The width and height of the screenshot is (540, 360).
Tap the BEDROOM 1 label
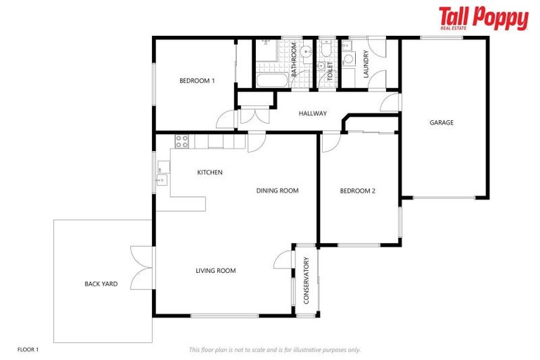197,81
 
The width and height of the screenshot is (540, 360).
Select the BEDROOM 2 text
357,191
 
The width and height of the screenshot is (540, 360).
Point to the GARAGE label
442,122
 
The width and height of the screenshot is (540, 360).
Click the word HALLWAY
312,113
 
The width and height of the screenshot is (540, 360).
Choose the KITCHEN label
210,172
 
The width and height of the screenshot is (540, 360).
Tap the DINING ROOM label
277,191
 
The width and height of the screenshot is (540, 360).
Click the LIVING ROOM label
215,271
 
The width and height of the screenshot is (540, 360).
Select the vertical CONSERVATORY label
306,281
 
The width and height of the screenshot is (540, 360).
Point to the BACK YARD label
101,284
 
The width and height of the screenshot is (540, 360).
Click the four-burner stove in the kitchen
181,141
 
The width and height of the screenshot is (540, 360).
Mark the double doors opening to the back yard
143,269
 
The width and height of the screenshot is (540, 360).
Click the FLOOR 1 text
28,349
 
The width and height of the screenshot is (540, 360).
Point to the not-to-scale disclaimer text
274,349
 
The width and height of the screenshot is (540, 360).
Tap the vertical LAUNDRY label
366,64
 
